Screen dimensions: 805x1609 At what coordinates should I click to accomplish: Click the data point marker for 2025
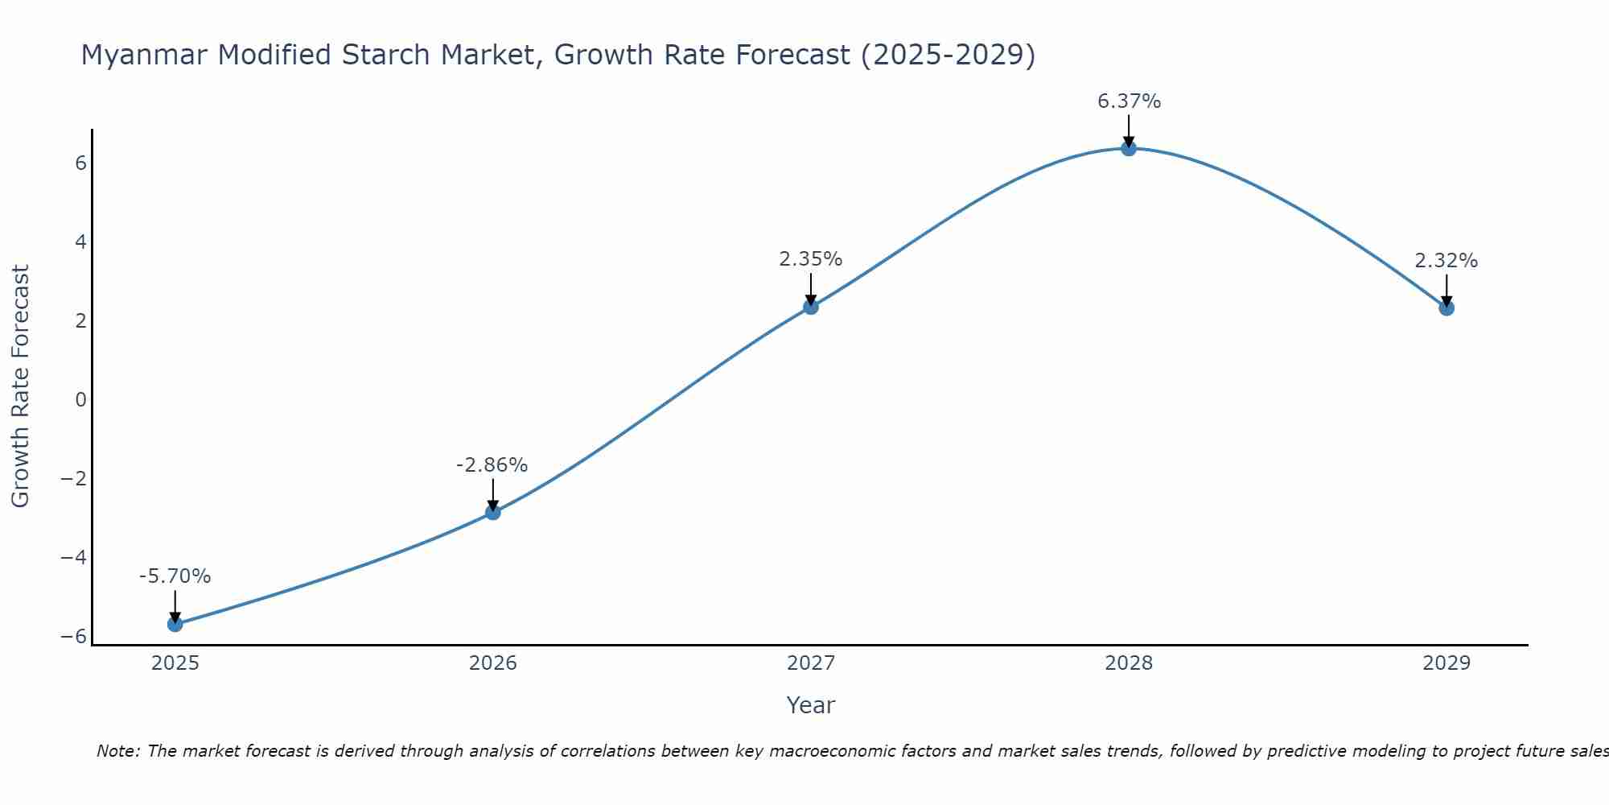175,624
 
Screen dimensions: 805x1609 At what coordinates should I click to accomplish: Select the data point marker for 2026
493,512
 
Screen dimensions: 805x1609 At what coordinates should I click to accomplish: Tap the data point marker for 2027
811,307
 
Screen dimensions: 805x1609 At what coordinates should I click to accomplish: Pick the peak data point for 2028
1129,148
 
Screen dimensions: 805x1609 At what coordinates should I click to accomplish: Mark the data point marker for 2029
1446,308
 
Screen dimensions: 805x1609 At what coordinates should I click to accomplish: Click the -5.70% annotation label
175,576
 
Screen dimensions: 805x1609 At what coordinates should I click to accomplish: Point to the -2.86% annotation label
492,465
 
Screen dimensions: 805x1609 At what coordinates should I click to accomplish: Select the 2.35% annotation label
810,259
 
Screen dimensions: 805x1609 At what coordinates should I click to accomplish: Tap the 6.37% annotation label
1129,101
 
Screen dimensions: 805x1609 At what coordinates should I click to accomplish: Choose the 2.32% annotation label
1446,261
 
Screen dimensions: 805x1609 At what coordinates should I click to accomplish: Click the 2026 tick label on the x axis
493,663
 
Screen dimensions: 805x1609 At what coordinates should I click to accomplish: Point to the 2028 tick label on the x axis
1129,663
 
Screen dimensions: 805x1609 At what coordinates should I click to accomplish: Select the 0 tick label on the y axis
80,400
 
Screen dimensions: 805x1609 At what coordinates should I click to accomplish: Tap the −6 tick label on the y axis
74,637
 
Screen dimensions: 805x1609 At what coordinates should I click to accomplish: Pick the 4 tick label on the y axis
80,242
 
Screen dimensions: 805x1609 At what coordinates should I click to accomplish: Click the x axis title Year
810,705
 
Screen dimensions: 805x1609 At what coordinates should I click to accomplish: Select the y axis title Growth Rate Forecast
20,386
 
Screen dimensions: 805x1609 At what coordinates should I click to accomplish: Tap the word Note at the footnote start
117,751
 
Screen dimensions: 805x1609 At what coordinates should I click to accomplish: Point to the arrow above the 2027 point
811,287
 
